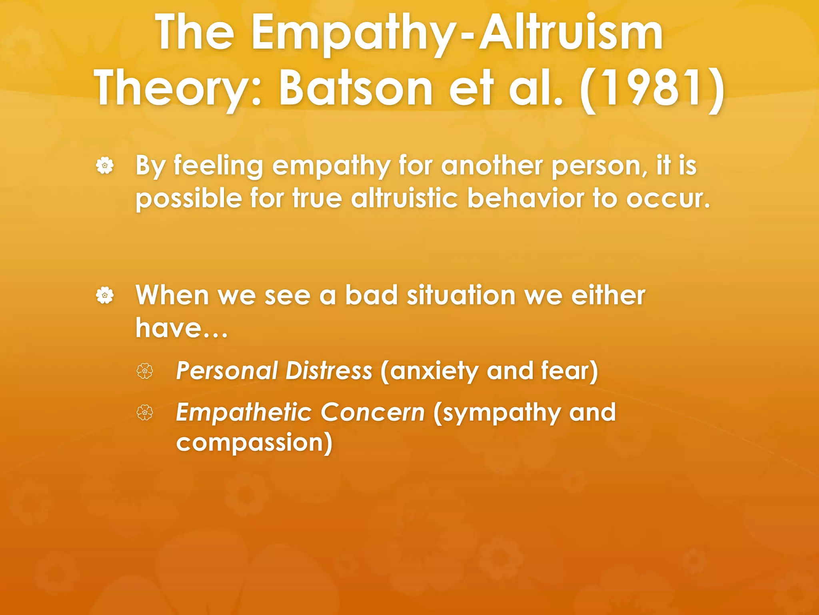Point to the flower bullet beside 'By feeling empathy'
[105, 166]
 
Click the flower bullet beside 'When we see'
[105, 295]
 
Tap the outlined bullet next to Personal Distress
[144, 371]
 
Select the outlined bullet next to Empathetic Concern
[144, 413]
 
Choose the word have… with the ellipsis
[181, 328]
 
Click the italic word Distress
[329, 370]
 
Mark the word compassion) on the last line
[254, 443]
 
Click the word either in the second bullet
[608, 295]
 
